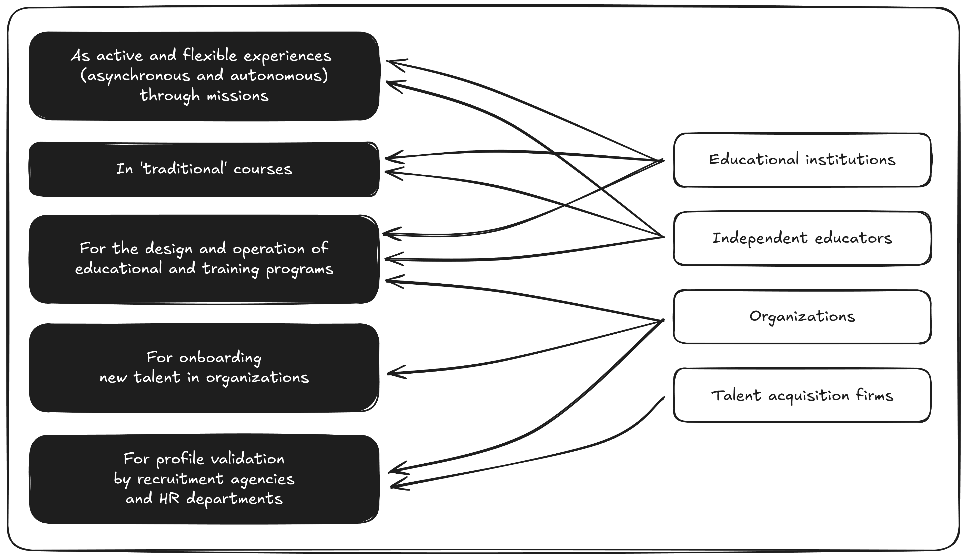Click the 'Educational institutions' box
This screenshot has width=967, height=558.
[802, 160]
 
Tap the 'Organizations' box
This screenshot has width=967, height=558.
[802, 316]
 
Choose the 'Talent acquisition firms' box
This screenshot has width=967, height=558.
[802, 395]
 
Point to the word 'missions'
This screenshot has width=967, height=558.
[238, 95]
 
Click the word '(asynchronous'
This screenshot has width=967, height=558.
[135, 75]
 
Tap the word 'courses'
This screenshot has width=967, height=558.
[263, 169]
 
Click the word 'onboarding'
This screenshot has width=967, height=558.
[220, 357]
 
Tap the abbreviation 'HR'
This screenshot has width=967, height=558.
[169, 499]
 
